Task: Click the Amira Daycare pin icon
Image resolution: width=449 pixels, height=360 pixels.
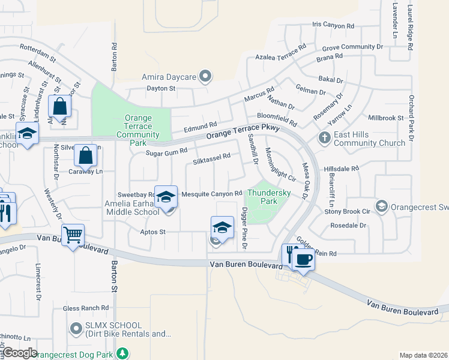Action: click(x=205, y=76)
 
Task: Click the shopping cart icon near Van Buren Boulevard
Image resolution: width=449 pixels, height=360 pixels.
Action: click(x=73, y=235)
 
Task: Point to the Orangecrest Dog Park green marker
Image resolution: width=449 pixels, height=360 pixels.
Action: click(x=122, y=353)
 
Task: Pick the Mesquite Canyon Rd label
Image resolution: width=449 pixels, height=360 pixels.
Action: click(x=211, y=194)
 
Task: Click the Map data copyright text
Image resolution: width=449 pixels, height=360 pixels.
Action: click(x=423, y=355)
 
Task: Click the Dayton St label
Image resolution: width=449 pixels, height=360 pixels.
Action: click(x=161, y=88)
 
